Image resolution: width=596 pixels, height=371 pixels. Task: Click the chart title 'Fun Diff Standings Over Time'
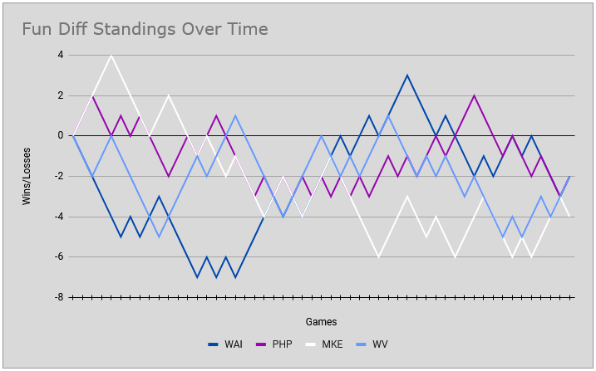point(145,30)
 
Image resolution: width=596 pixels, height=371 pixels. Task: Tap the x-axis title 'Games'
point(321,321)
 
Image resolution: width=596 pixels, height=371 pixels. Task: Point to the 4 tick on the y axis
point(61,55)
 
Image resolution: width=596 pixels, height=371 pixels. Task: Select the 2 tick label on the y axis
point(61,95)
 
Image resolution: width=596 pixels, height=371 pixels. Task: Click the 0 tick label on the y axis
point(61,135)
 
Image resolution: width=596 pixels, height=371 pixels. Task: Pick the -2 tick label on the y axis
point(59,176)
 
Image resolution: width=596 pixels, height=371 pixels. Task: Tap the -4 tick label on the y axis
point(59,217)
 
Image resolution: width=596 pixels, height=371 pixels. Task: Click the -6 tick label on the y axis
point(59,256)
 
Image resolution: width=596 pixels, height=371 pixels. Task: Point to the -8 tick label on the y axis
point(59,297)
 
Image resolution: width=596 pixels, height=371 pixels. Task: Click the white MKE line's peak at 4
point(111,55)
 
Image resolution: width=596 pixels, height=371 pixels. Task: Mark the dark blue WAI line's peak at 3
point(407,75)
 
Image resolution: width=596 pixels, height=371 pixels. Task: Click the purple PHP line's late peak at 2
point(474,95)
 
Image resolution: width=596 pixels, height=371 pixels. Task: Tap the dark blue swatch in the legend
point(213,344)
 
